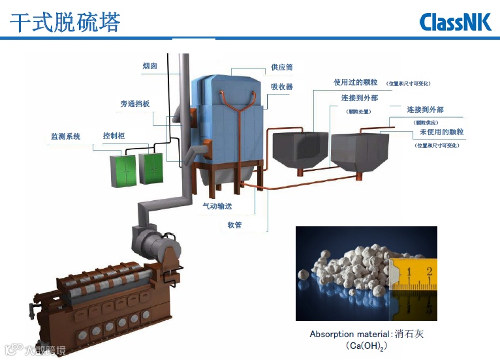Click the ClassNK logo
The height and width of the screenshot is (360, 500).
456,22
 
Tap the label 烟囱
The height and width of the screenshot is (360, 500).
149,66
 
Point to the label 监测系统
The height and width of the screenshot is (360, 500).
66,136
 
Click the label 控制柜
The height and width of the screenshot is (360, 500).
114,136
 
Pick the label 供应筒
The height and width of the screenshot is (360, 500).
282,67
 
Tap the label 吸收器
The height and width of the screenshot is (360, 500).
282,87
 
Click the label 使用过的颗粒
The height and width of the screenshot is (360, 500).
356,83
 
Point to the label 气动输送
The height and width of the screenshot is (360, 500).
217,206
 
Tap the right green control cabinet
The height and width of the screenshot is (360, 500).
151,168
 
